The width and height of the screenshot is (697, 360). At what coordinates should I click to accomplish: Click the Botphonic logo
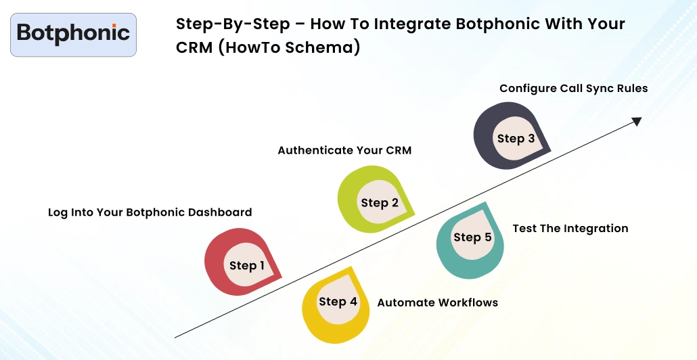(73, 34)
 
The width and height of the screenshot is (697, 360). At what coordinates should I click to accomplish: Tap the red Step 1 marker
(242, 263)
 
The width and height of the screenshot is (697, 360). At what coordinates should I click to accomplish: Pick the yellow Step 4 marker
(336, 303)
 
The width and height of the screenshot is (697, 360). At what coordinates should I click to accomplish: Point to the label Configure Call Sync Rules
(573, 89)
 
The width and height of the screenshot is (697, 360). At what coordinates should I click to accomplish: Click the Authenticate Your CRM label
(344, 150)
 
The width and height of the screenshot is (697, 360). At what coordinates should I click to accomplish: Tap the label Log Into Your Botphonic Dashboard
(150, 212)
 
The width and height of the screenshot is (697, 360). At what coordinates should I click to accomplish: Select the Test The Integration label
(570, 229)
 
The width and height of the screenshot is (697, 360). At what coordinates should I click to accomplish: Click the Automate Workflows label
(437, 302)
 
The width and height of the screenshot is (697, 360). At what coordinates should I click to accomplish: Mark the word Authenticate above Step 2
(313, 150)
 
